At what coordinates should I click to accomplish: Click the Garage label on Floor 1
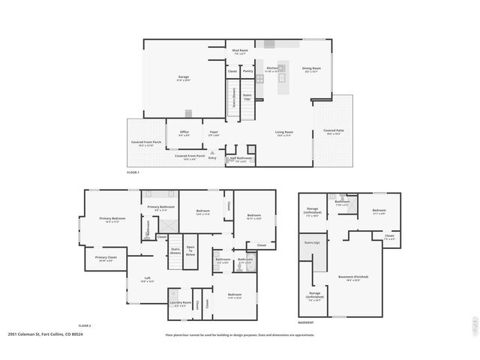click(184, 77)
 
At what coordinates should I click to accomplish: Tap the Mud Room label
click(240, 52)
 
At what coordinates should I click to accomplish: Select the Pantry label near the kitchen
click(247, 71)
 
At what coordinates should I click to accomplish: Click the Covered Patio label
click(333, 131)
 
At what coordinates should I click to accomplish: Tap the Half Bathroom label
click(240, 159)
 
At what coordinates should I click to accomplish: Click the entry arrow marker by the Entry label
click(212, 152)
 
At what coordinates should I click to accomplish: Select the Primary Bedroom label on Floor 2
click(112, 219)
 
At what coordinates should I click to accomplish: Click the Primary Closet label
click(103, 259)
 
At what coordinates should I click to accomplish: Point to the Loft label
click(147, 279)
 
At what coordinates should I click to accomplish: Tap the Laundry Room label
click(181, 304)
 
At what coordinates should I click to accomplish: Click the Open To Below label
click(190, 251)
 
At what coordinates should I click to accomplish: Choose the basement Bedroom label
click(379, 211)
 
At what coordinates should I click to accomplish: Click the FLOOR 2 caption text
click(85, 325)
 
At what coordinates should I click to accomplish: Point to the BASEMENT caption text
click(305, 322)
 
